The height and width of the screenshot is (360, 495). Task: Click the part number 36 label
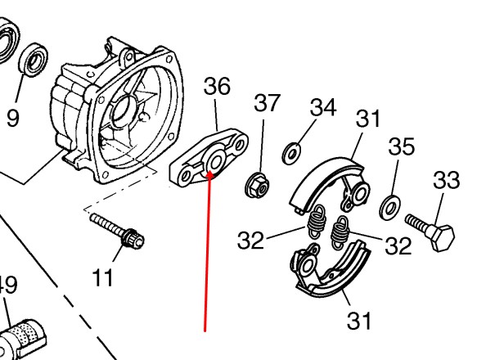coord(217,87)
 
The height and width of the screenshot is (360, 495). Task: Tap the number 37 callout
coord(267,103)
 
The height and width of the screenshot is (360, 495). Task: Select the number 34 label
coord(323,108)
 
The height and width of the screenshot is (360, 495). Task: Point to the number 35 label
coord(401,147)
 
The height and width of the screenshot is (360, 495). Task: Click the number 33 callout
coord(446,180)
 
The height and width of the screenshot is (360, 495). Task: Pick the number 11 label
coord(102,278)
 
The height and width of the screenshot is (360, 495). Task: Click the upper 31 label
coord(369,119)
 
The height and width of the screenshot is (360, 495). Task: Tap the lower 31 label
coord(358,320)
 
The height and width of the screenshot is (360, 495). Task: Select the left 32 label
coord(251,240)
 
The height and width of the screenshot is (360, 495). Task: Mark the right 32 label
coord(398,245)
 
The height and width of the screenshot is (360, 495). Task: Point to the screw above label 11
coord(119,231)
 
